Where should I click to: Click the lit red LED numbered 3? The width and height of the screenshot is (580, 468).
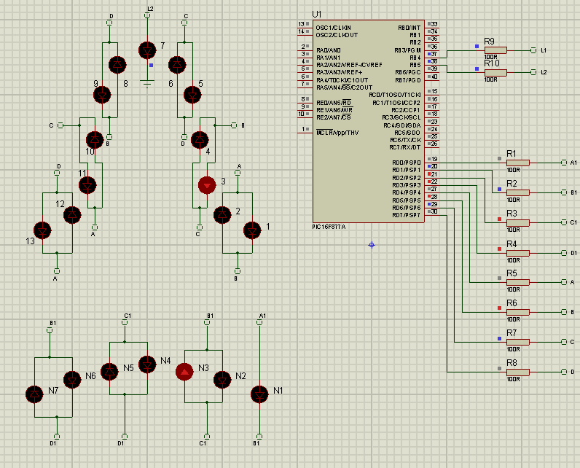[x=208, y=184]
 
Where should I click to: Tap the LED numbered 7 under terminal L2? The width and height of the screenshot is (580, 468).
[x=147, y=50]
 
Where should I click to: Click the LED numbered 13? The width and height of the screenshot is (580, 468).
[x=44, y=230]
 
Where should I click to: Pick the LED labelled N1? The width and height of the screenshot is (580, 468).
[x=259, y=394]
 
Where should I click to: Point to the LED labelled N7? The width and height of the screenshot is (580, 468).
[x=34, y=394]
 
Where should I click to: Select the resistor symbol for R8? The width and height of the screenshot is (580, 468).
[x=517, y=372]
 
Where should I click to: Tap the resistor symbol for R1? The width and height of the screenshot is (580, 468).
[x=517, y=163]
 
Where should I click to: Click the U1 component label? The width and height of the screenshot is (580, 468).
[x=316, y=14]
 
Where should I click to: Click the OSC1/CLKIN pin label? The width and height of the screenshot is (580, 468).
[x=333, y=27]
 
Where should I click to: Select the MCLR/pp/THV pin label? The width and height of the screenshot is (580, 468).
[x=337, y=133]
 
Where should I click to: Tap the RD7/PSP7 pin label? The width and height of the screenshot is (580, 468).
[x=407, y=215]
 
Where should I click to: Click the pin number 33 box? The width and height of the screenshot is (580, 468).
[x=434, y=24]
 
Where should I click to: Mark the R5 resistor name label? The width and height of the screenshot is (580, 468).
[x=512, y=273]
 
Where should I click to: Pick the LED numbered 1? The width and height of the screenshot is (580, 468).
[x=252, y=230]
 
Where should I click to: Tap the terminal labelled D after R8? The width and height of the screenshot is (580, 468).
[x=564, y=372]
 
